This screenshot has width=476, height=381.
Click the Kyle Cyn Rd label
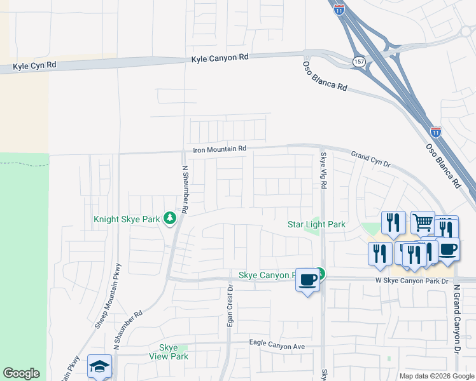point(34,65)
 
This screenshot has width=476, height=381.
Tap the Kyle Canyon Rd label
point(220,58)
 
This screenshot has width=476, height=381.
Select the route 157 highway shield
point(358,60)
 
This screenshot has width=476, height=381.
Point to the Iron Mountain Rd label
point(220,149)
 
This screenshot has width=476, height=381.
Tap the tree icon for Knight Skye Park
point(169,218)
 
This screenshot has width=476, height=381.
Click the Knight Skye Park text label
point(127,219)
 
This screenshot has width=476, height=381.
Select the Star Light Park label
point(316,224)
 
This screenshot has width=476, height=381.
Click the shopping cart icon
point(423,222)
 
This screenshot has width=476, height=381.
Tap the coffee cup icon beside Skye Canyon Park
point(308,279)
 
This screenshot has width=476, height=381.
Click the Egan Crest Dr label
point(230,309)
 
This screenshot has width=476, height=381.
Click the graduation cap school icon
point(99,366)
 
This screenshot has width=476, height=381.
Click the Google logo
point(21,373)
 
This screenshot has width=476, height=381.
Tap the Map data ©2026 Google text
point(436,376)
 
